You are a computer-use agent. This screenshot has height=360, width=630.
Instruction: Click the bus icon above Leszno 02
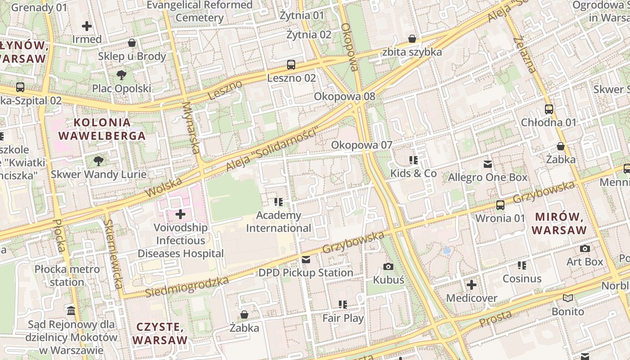291,65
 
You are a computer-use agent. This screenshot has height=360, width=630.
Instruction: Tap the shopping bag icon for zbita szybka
412,39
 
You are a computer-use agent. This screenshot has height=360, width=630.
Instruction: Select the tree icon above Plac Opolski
121,75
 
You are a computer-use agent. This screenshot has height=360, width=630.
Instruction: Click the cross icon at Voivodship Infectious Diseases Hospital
180,214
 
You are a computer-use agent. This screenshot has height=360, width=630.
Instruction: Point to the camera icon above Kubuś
388,267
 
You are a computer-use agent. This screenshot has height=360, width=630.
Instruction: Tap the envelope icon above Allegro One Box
488,164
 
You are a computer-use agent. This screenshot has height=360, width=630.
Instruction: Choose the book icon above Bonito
568,298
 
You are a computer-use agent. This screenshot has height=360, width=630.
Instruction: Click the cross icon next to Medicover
472,285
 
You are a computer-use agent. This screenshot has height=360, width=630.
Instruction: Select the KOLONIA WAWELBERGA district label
102,129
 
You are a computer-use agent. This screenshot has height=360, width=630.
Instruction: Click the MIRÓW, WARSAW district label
559,223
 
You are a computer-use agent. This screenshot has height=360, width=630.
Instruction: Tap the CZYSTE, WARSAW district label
160,333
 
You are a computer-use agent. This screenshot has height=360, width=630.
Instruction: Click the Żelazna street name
525,54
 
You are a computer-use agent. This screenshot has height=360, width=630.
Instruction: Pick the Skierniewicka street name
113,254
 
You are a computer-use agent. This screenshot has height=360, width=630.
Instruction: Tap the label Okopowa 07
362,145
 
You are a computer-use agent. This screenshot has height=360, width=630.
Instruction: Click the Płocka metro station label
67,275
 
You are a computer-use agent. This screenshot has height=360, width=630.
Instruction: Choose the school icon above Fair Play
343,305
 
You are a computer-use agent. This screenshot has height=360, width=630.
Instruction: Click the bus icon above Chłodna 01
549,109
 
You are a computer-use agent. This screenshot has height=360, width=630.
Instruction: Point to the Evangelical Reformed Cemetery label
200,11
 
